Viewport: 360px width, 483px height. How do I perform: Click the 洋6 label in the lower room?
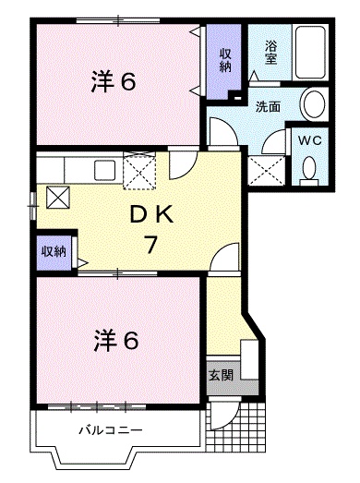click(114, 341)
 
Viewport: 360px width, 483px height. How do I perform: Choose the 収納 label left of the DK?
click(53, 252)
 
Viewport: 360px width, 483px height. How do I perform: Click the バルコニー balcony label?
click(109, 430)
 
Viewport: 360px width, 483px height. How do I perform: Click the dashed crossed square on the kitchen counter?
click(140, 170)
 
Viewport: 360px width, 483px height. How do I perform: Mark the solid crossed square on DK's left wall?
click(58, 197)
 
